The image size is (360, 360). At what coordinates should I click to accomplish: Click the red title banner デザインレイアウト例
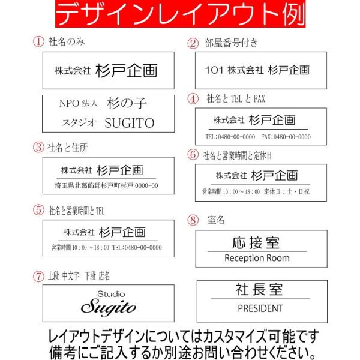pos(180,15)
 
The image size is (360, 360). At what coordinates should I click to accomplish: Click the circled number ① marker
pos(38,42)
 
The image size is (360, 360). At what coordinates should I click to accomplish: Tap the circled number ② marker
pos(193,43)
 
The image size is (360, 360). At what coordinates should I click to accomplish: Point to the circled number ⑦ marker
pos(38,277)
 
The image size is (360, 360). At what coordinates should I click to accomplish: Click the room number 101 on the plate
pos(214,70)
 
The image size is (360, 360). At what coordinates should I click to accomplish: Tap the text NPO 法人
pos(77,103)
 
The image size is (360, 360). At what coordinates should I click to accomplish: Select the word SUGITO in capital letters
pos(130,123)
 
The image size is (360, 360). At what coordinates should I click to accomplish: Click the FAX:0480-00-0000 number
pos(286,137)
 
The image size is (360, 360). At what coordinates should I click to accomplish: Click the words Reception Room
pos(257,258)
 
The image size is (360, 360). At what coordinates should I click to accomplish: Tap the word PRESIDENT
pos(260,308)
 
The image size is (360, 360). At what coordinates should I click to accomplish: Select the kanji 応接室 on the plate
pos(256,243)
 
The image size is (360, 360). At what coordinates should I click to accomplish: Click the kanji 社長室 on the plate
pos(259,290)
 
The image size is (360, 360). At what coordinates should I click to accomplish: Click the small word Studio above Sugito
pos(111,294)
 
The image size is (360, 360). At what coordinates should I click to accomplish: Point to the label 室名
pos(216,220)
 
